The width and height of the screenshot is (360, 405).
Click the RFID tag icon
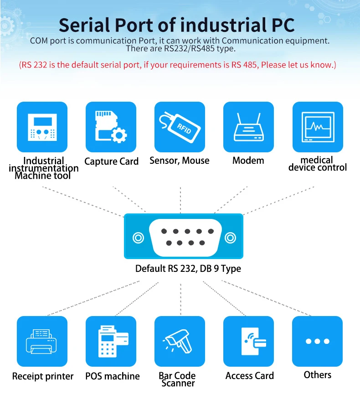(179, 127)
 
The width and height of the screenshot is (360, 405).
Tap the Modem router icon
(248, 127)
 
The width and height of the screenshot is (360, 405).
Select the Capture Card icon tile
(111, 127)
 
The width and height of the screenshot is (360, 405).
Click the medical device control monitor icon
(317, 127)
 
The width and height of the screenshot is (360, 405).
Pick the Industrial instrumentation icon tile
(42, 127)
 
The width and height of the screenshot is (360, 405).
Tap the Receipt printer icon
(42, 341)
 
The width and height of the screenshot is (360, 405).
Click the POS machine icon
(111, 341)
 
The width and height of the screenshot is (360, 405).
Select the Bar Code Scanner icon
(179, 341)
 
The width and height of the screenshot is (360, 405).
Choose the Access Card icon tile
(248, 341)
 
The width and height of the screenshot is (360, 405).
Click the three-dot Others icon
(317, 341)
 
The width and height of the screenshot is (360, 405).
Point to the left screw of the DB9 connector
(137, 238)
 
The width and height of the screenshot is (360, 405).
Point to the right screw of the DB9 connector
(231, 238)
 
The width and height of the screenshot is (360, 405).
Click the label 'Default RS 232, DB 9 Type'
(188, 269)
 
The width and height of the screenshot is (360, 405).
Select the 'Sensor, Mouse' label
(179, 161)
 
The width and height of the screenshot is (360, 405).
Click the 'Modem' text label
(248, 161)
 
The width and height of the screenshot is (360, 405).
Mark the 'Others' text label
(318, 375)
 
